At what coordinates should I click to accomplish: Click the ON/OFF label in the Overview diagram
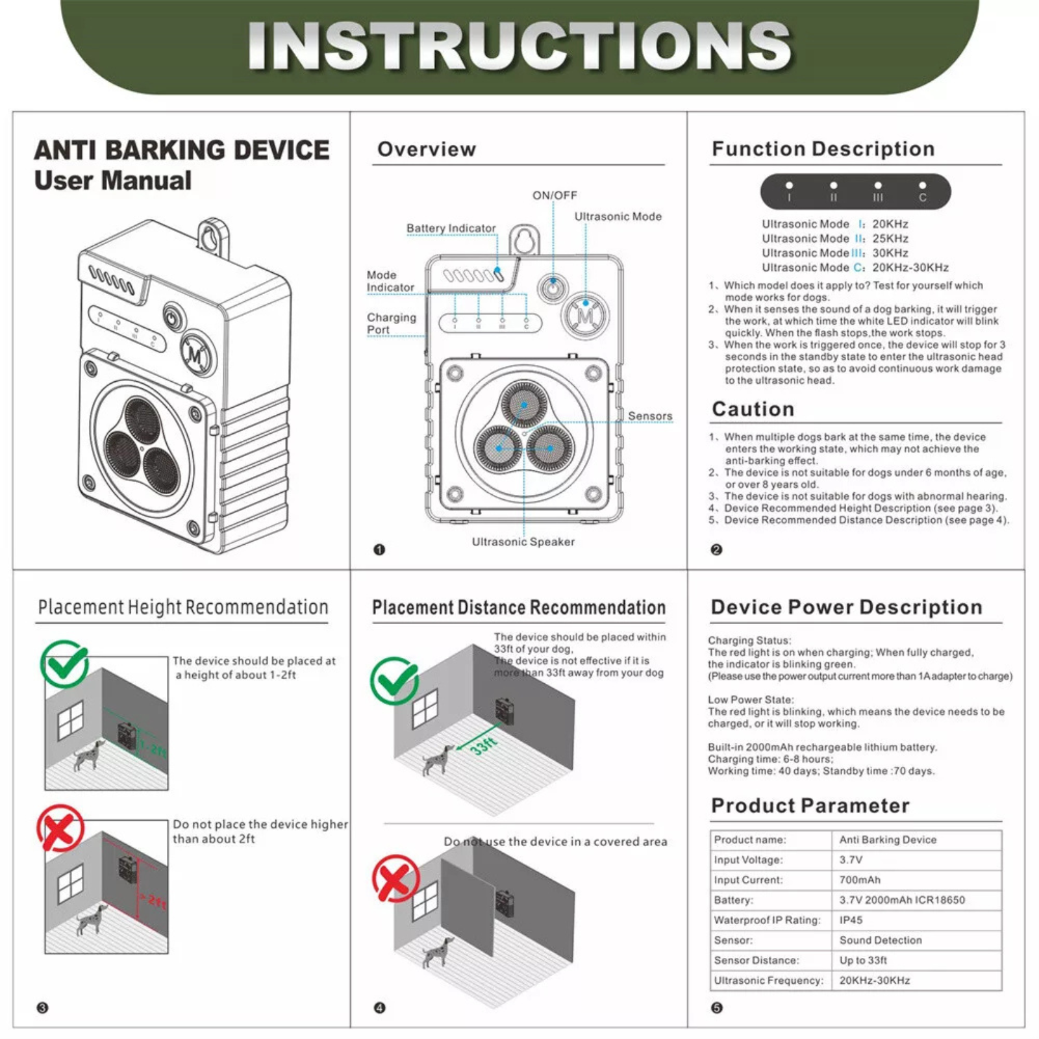point(555,195)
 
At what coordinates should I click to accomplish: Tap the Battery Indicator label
point(451,229)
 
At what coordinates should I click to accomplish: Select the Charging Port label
point(391,323)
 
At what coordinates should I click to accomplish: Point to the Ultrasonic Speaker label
point(523,542)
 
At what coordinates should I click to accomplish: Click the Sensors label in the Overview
point(649,416)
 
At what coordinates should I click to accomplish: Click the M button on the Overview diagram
point(585,316)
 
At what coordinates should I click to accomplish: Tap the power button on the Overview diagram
point(552,288)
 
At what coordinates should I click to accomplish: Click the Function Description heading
point(823,149)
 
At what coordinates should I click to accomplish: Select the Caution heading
point(753,409)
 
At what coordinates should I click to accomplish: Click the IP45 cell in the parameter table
point(851,920)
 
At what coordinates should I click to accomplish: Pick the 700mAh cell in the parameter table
point(860,880)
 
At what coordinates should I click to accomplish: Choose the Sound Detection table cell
point(880,940)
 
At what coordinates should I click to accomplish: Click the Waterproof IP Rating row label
point(767,920)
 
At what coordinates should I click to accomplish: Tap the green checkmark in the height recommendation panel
point(64,664)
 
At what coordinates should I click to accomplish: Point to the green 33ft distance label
point(484,745)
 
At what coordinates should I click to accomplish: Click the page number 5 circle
point(716,1008)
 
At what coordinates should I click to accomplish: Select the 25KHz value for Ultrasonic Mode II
point(890,238)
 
